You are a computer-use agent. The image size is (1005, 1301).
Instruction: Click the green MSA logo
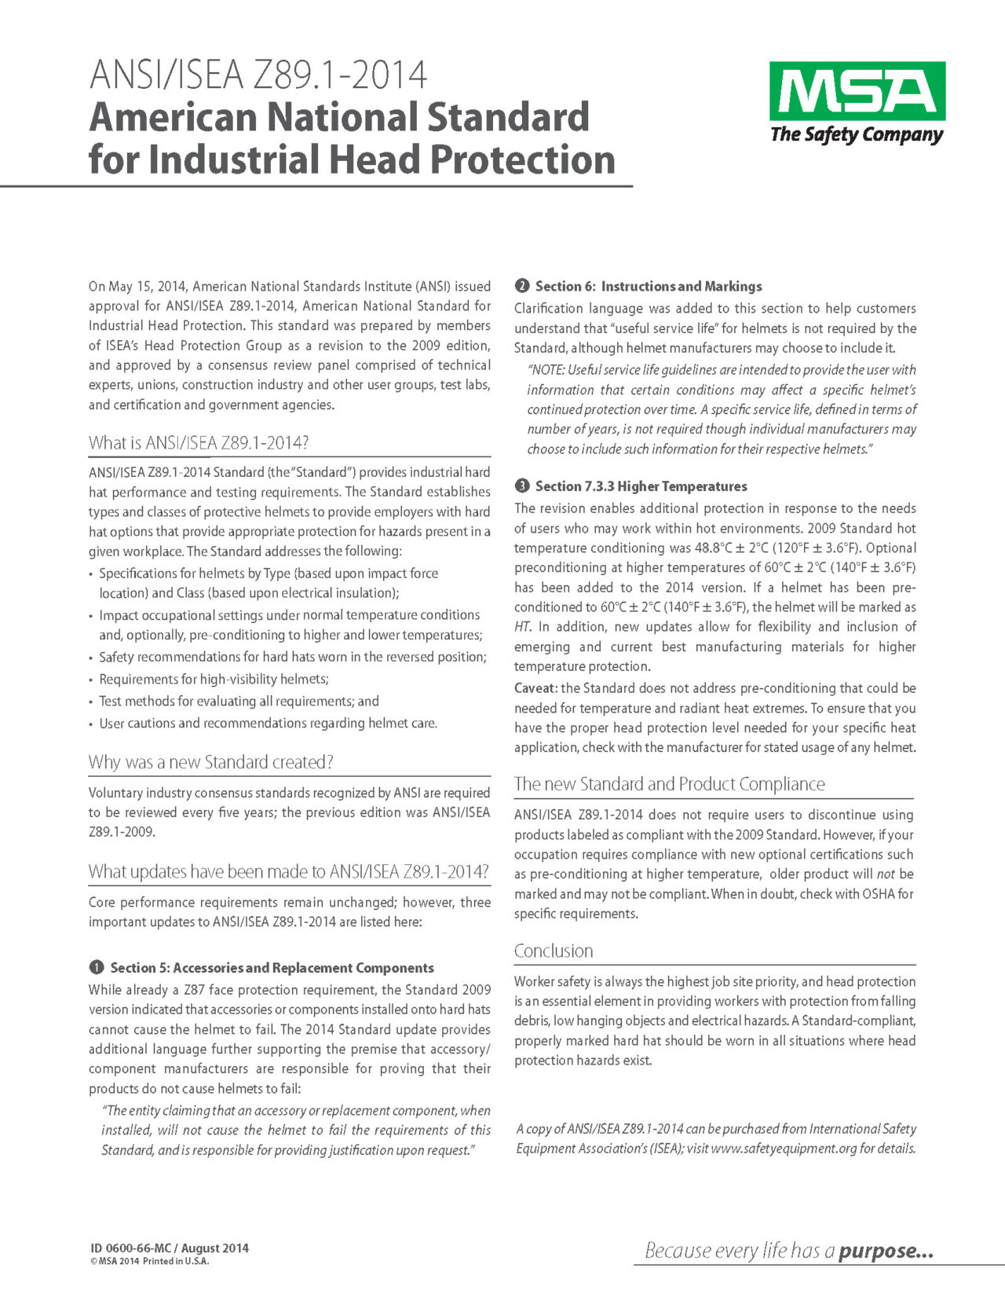tap(857, 90)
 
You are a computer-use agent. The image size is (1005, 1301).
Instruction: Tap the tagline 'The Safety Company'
tap(856, 134)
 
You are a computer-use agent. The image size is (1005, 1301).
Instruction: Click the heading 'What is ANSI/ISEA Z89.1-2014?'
tap(199, 443)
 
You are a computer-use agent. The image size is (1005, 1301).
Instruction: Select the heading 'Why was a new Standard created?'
tap(211, 762)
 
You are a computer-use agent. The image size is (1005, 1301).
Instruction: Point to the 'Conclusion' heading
tap(554, 951)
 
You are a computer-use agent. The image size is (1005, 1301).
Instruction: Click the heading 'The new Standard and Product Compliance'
tap(669, 784)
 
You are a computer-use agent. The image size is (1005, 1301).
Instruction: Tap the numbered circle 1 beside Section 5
tap(96, 967)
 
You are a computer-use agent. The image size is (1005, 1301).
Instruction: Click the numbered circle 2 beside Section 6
tap(521, 286)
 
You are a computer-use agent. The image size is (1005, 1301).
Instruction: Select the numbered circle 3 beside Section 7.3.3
tap(521, 486)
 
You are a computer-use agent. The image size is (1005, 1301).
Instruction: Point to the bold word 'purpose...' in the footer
tap(886, 1251)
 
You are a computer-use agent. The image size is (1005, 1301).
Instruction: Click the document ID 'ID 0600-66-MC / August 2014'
tap(169, 1248)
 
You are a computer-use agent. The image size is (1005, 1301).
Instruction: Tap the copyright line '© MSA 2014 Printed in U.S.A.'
tap(149, 1262)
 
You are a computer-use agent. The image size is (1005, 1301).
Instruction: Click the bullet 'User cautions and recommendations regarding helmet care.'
tap(268, 723)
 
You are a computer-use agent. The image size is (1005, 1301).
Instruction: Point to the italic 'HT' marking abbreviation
tap(523, 627)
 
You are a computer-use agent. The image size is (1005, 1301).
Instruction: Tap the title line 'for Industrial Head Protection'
tap(351, 159)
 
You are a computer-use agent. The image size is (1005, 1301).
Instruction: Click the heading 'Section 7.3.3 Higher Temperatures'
tap(641, 486)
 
